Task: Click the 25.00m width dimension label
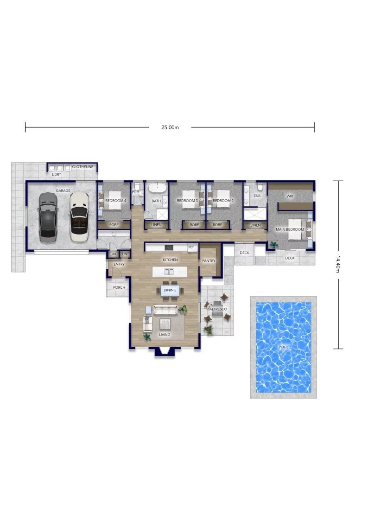(x=170, y=127)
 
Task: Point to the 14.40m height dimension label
(x=338, y=264)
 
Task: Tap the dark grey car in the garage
(x=48, y=217)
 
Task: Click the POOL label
(x=284, y=347)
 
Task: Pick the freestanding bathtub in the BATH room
(x=157, y=188)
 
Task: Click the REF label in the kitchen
(x=191, y=247)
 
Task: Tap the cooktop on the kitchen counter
(x=169, y=247)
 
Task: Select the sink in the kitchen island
(x=170, y=272)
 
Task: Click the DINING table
(x=170, y=290)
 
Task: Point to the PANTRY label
(x=209, y=261)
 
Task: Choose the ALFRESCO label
(x=218, y=309)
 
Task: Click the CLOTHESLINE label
(x=83, y=167)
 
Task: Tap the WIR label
(x=290, y=196)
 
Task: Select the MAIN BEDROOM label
(x=290, y=229)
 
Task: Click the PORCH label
(x=119, y=287)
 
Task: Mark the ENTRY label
(x=119, y=264)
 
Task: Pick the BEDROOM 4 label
(x=116, y=201)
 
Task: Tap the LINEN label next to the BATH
(x=157, y=225)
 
